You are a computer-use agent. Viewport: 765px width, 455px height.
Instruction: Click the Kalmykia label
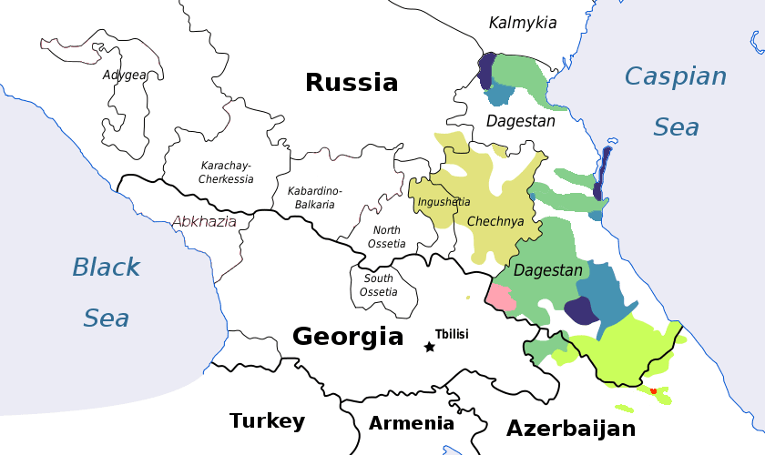(523, 23)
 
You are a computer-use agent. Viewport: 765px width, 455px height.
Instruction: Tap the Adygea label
(125, 75)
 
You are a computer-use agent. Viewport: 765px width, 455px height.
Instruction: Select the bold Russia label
(352, 83)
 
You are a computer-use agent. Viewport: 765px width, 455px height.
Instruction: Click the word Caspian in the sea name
(676, 76)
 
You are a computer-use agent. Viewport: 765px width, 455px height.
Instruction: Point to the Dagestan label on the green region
(547, 271)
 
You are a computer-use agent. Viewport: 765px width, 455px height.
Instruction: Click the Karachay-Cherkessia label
(227, 172)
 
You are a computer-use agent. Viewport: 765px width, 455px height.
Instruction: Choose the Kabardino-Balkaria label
(314, 197)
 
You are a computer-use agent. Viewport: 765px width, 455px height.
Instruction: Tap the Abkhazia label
(205, 221)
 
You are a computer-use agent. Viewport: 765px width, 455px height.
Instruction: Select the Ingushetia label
(444, 202)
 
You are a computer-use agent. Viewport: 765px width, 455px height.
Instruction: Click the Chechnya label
(495, 221)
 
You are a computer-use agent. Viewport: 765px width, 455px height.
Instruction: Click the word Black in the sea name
(107, 268)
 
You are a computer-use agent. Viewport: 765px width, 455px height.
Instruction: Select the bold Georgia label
(348, 337)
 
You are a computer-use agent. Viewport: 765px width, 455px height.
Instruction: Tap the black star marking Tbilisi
(429, 347)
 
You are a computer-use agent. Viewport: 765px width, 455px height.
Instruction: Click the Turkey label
(267, 420)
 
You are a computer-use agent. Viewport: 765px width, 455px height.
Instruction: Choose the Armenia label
(412, 423)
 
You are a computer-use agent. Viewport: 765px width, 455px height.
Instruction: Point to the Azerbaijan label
(571, 429)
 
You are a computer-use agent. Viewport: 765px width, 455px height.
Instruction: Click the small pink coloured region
(499, 296)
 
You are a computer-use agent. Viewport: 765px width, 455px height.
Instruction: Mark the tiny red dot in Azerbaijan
(653, 390)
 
